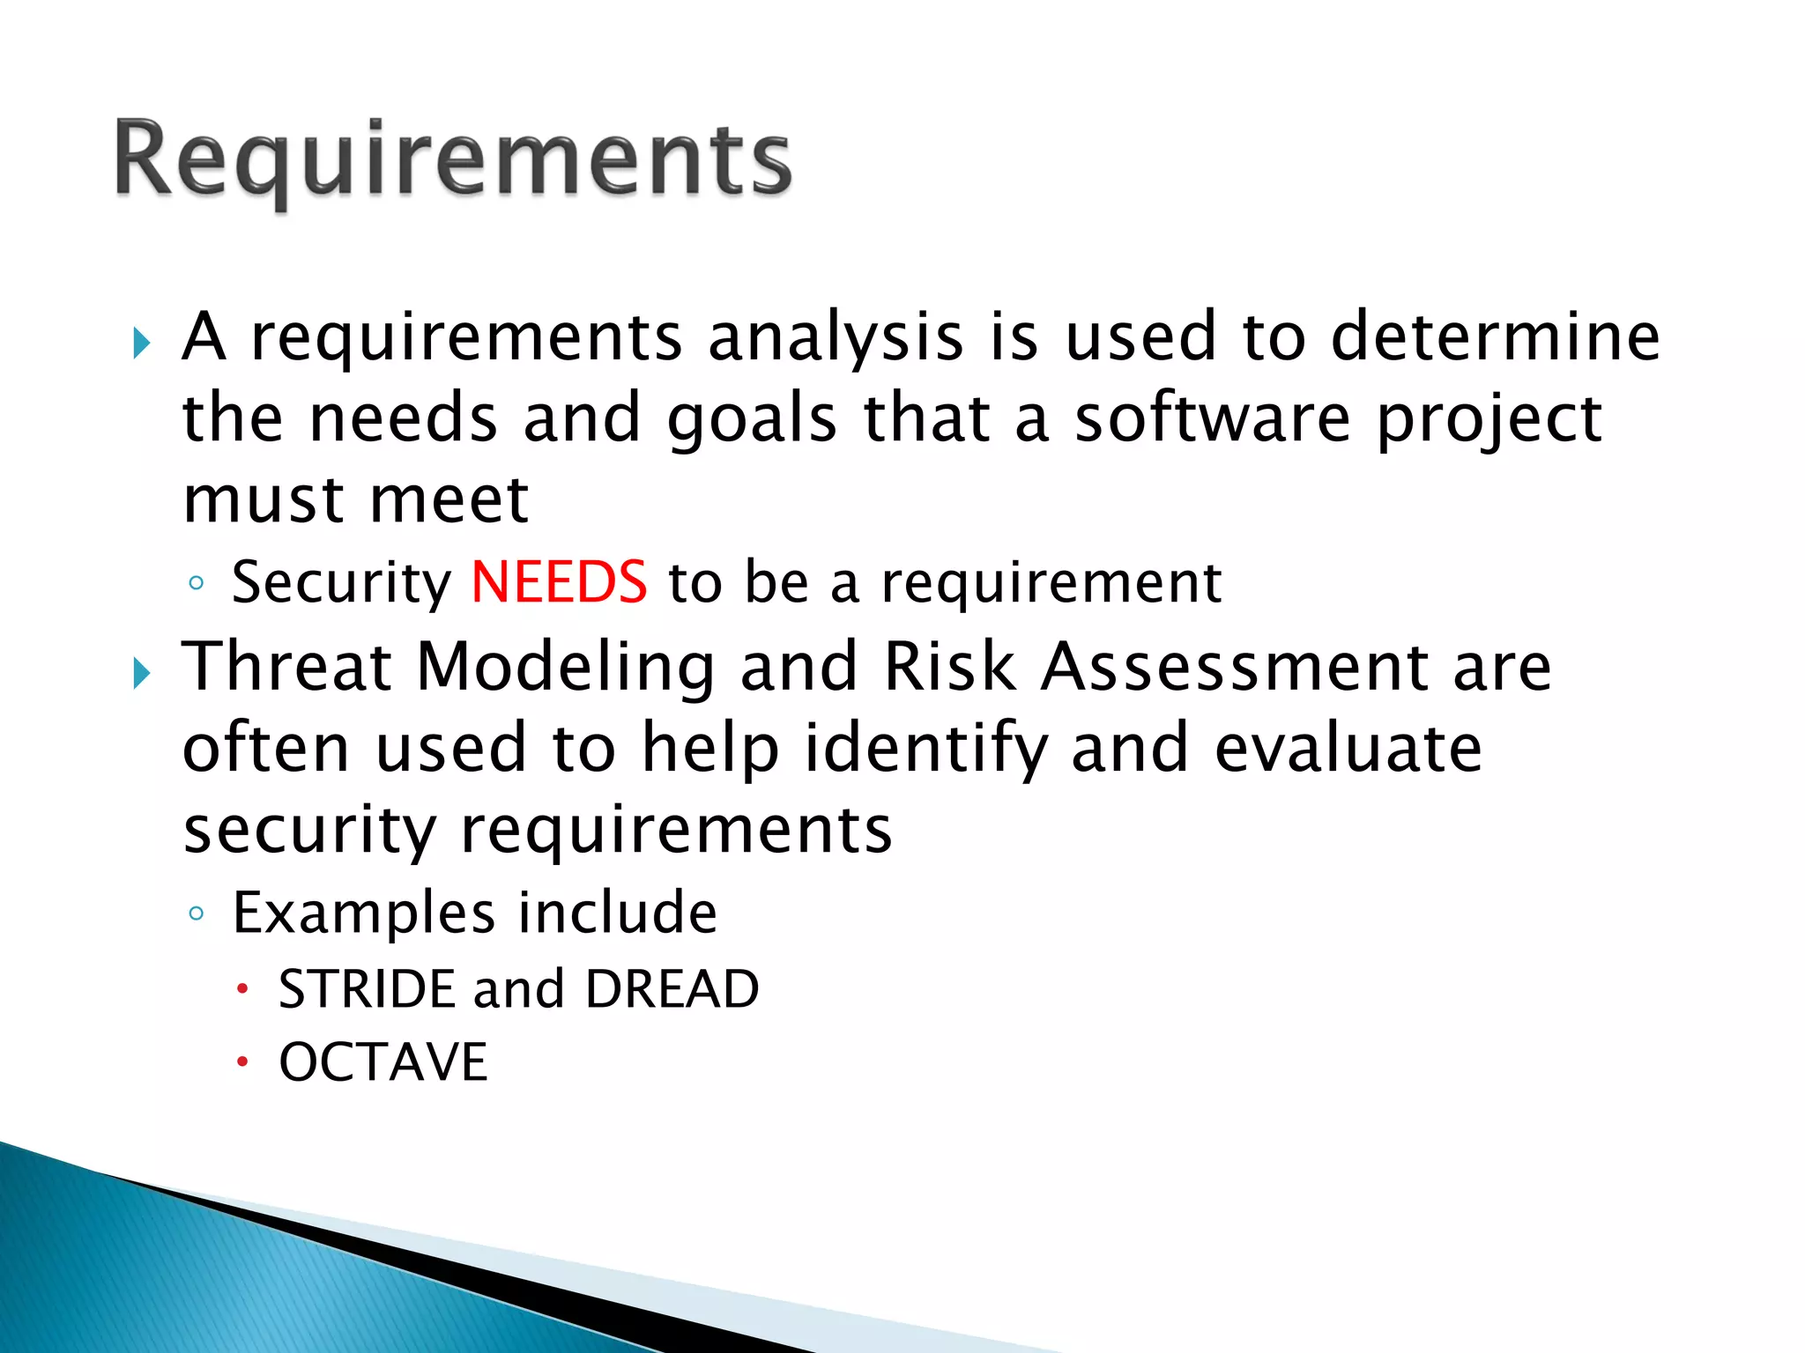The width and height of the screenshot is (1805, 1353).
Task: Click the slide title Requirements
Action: [x=453, y=160]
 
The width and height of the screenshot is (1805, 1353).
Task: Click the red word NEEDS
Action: [x=559, y=582]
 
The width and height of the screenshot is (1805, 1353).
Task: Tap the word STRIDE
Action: [x=367, y=989]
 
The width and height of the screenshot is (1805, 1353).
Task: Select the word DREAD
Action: [x=672, y=989]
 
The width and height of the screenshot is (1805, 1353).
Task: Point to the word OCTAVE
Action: [x=383, y=1062]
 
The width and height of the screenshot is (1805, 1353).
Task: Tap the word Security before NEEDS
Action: [x=341, y=584]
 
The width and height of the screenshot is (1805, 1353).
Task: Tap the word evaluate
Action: [x=1348, y=748]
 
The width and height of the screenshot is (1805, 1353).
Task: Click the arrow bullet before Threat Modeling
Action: [x=142, y=674]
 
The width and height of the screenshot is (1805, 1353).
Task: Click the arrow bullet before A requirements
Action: [x=142, y=343]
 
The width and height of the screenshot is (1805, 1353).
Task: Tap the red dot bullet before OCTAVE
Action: [x=242, y=1063]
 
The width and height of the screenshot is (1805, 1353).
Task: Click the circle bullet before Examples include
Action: [x=196, y=913]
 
